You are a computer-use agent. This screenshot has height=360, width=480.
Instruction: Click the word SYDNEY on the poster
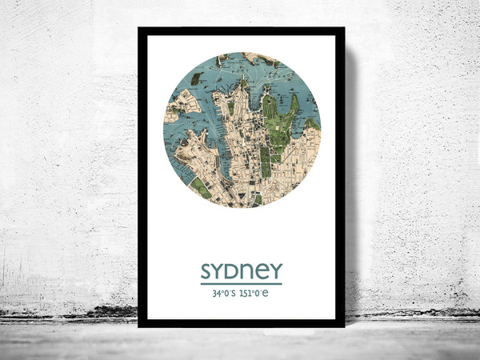pos(241,271)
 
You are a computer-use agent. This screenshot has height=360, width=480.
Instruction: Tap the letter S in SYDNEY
pos(207,271)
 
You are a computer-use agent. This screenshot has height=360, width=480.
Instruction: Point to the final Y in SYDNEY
pos(274,271)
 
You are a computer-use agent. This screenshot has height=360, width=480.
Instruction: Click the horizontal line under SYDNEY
pos(241,283)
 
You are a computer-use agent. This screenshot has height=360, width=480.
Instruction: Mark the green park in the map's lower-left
pos(200,188)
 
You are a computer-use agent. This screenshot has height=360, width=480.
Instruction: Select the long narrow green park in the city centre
pos(265,160)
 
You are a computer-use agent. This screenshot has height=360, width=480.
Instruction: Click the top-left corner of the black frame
pos(140,30)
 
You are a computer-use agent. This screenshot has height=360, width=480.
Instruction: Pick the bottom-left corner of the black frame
pos(140,325)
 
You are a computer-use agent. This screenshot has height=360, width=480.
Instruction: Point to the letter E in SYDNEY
pos(262,271)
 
